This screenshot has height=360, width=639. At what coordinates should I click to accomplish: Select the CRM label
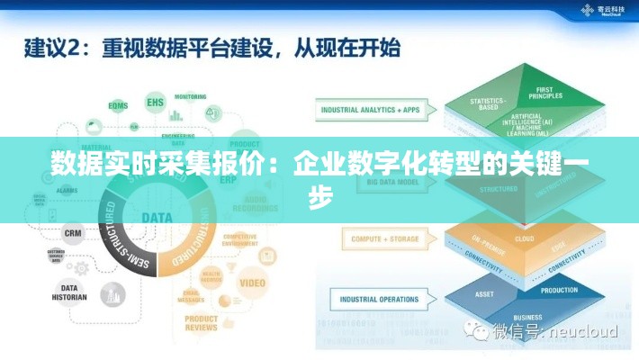[73, 232]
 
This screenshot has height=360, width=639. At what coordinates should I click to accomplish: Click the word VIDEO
[252, 283]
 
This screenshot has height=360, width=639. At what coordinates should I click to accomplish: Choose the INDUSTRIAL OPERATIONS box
[378, 299]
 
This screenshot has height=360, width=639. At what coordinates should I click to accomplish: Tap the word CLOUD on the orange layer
[524, 239]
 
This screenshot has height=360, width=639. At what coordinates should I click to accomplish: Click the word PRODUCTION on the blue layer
[559, 290]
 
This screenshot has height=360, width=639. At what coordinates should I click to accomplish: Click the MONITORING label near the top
[190, 96]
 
